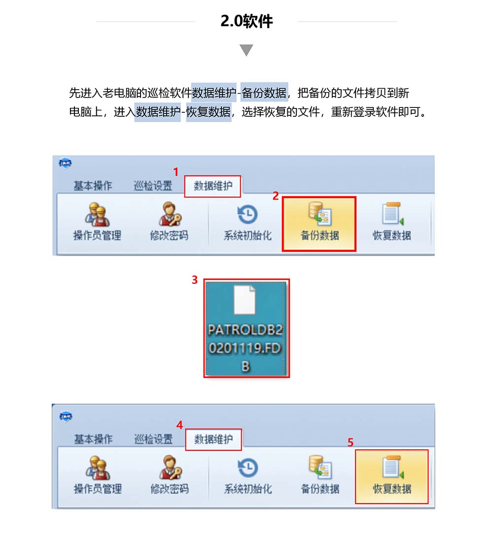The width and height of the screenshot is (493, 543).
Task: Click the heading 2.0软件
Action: tap(246, 21)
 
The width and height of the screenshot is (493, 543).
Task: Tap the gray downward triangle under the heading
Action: tap(246, 50)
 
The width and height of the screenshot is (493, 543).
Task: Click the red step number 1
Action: tap(176, 172)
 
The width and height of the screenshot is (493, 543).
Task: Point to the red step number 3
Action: tap(195, 280)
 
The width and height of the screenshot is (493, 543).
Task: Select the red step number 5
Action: tap(351, 442)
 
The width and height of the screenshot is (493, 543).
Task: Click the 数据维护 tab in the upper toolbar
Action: tap(212, 186)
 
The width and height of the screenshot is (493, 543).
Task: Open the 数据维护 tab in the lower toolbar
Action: tap(213, 440)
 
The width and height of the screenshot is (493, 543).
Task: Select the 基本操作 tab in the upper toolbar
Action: tap(93, 186)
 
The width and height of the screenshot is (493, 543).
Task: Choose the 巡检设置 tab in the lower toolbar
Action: tap(153, 439)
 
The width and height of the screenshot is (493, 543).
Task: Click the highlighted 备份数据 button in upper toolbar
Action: tap(319, 224)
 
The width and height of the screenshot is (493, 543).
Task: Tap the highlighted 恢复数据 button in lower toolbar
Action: tap(392, 476)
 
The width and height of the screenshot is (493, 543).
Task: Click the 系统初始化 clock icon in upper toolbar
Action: tap(247, 214)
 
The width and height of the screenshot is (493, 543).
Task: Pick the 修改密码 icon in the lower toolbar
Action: tap(170, 468)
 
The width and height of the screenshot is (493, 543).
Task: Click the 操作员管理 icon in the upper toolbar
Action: tap(97, 215)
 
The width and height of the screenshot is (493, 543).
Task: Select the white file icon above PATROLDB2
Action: tap(245, 300)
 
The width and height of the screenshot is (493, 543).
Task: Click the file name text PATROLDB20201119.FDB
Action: tap(246, 348)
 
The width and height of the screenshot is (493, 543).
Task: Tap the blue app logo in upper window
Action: tap(65, 163)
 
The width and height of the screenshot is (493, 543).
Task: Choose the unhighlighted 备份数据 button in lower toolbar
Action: tap(320, 475)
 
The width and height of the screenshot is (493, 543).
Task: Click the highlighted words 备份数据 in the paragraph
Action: tap(264, 93)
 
